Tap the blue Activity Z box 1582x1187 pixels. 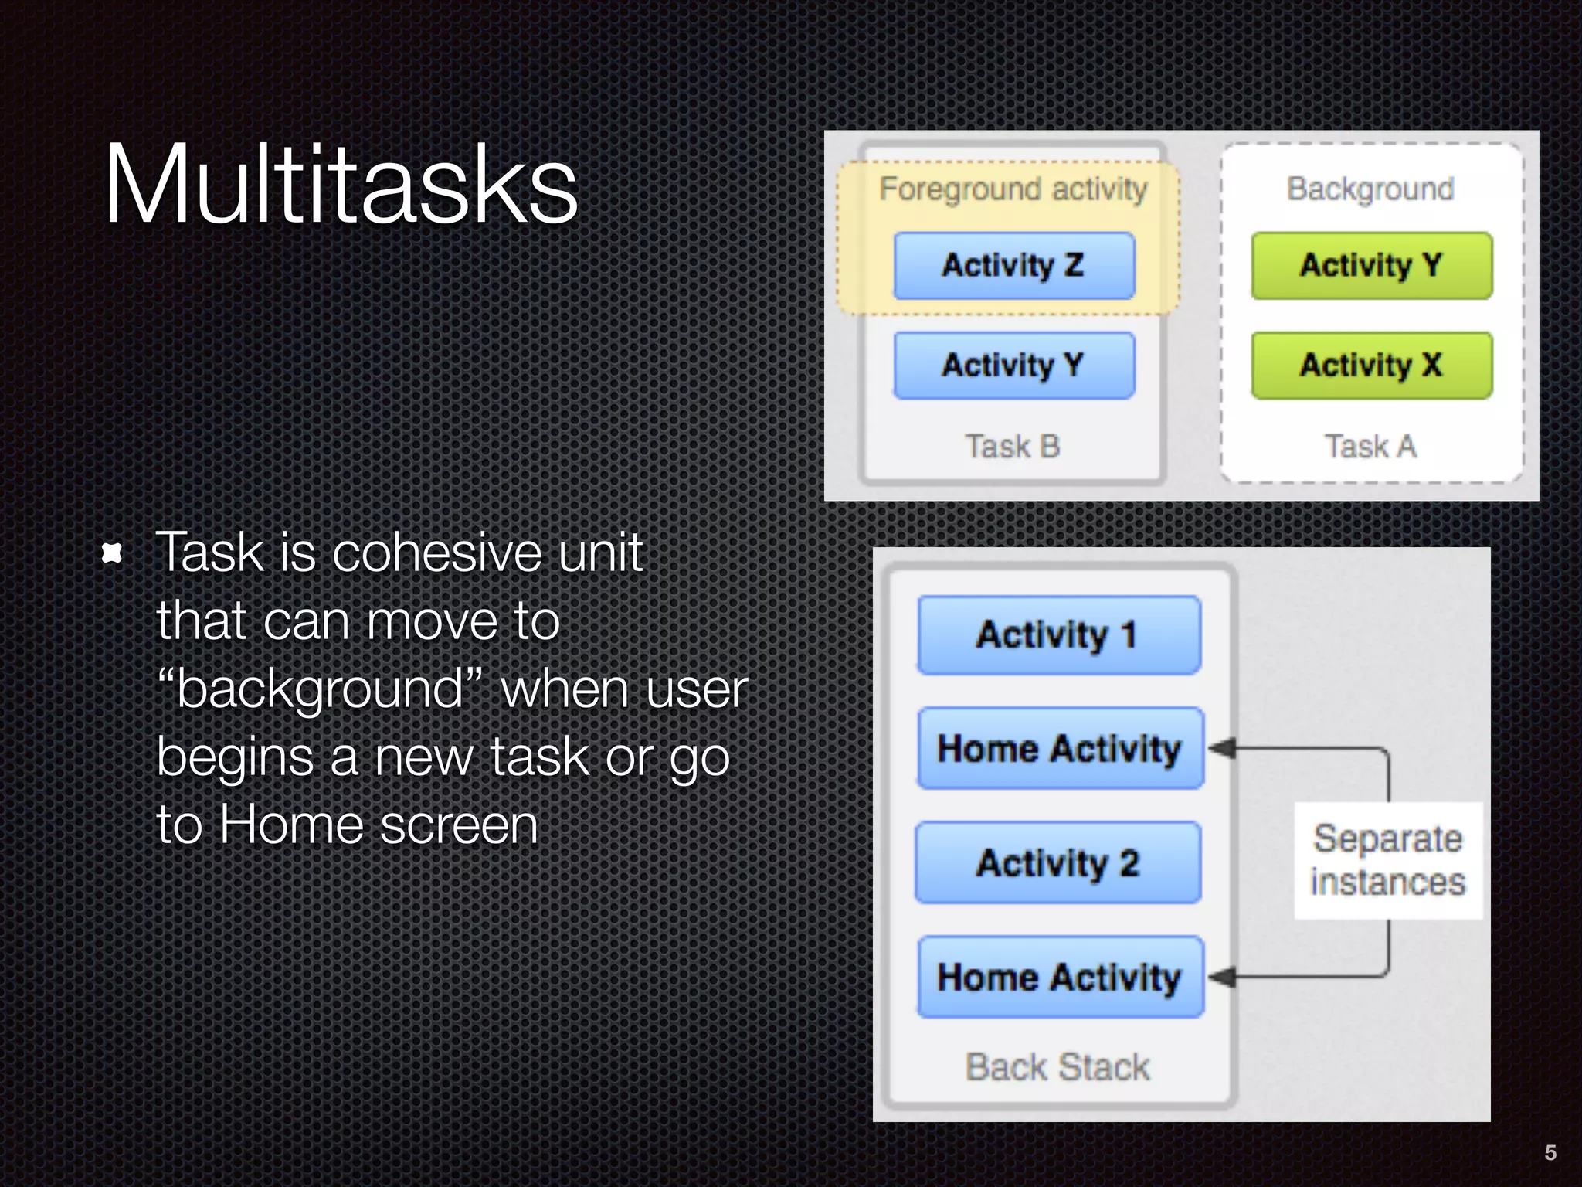pyautogui.click(x=1013, y=266)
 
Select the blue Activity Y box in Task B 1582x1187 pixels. pyautogui.click(x=1013, y=366)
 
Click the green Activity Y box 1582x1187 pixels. pyautogui.click(x=1371, y=266)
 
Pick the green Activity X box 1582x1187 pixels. pyautogui.click(x=1371, y=366)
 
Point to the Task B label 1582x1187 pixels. pyautogui.click(x=1012, y=447)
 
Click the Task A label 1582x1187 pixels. pyautogui.click(x=1370, y=447)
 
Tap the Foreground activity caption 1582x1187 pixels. pyautogui.click(x=1013, y=189)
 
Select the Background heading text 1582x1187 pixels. pyautogui.click(x=1370, y=189)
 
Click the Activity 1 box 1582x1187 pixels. pyautogui.click(x=1059, y=635)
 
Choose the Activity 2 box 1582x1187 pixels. pyautogui.click(x=1057, y=863)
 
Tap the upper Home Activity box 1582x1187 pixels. pyautogui.click(x=1060, y=749)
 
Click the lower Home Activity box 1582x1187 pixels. pyautogui.click(x=1060, y=978)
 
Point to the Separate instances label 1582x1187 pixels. pyautogui.click(x=1387, y=861)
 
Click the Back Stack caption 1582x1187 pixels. pyautogui.click(x=1057, y=1067)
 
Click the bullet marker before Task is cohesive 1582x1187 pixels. pyautogui.click(x=113, y=553)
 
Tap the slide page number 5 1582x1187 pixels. pyautogui.click(x=1550, y=1153)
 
